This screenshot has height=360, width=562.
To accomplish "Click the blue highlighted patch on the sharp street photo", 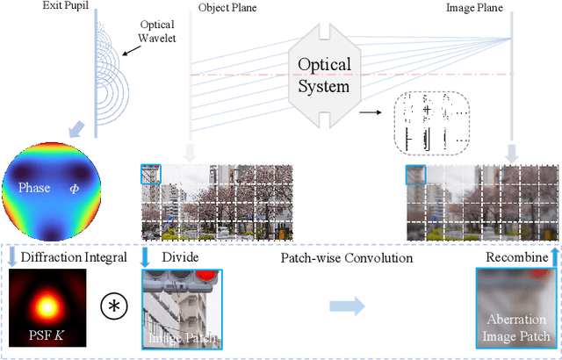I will (x=150, y=175).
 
